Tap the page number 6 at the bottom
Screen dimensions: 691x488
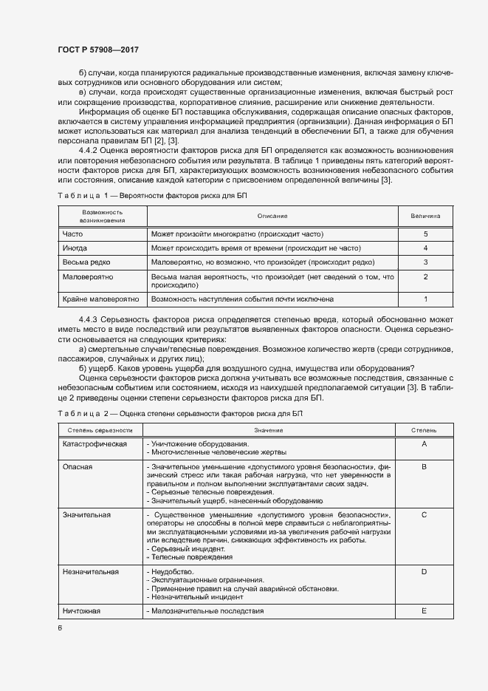click(x=61, y=627)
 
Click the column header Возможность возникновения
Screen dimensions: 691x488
click(x=102, y=216)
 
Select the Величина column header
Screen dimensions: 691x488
click(x=425, y=216)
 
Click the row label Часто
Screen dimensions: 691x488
click(x=73, y=234)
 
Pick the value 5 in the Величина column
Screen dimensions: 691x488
click(x=425, y=234)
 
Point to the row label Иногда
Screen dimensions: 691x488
click(x=75, y=248)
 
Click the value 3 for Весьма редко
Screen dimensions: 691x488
click(x=425, y=262)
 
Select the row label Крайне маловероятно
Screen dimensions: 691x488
click(x=100, y=299)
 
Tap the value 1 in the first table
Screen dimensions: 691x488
click(x=425, y=299)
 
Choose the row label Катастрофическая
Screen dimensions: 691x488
click(x=95, y=443)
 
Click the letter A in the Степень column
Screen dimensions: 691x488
click(x=425, y=443)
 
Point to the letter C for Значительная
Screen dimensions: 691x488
click(x=425, y=514)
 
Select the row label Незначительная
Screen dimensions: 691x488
click(x=91, y=571)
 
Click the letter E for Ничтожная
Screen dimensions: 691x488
click(x=425, y=611)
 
